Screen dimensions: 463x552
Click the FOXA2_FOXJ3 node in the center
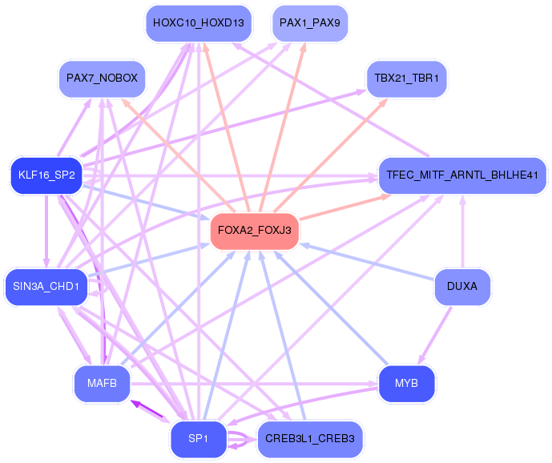pyautogui.click(x=254, y=231)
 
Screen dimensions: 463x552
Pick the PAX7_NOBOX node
pyautogui.click(x=102, y=79)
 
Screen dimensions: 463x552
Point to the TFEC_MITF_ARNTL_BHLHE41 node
pyautogui.click(x=463, y=174)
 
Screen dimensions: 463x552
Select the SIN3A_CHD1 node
pyautogui.click(x=46, y=287)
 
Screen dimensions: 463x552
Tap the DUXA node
pyautogui.click(x=461, y=287)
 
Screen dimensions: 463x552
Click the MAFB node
pyautogui.click(x=102, y=384)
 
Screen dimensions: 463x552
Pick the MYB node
pyautogui.click(x=406, y=384)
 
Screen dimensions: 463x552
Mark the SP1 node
pyautogui.click(x=198, y=439)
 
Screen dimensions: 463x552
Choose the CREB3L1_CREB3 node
pyautogui.click(x=309, y=439)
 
